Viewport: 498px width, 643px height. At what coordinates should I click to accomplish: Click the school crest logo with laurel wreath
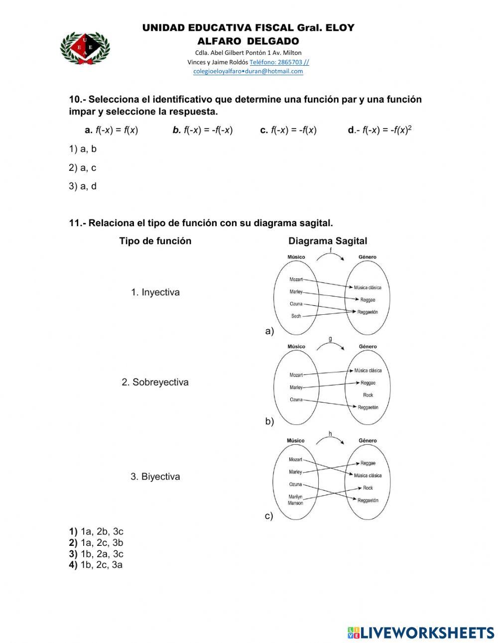[x=85, y=48]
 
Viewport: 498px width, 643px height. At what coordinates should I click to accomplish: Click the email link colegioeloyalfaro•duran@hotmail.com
[x=248, y=71]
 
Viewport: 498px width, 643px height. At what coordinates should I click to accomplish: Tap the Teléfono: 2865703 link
[x=279, y=62]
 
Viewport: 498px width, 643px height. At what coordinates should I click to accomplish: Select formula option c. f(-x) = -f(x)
[x=288, y=130]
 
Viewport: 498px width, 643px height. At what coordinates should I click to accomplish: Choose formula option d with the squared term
[x=379, y=130]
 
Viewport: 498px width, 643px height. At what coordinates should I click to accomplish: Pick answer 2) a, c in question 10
[x=83, y=168]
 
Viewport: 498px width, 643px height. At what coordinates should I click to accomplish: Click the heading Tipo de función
[x=155, y=241]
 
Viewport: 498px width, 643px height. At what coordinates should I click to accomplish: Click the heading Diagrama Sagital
[x=328, y=241]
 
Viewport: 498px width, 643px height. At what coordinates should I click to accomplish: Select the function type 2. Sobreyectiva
[x=155, y=383]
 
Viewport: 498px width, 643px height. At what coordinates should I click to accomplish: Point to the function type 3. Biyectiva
[x=155, y=477]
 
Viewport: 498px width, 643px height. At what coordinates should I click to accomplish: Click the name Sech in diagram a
[x=296, y=316]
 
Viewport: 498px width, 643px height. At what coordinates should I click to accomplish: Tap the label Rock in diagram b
[x=368, y=395]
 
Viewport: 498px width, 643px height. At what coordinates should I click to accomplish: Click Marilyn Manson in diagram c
[x=295, y=500]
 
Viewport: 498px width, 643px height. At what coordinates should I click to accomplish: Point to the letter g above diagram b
[x=330, y=339]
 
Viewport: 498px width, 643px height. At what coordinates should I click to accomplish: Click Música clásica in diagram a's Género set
[x=368, y=287]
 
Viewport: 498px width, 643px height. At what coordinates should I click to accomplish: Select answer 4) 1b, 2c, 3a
[x=96, y=565]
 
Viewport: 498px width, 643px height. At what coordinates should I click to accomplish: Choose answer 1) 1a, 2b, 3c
[x=96, y=531]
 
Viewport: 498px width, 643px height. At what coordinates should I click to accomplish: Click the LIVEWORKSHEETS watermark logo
[x=421, y=633]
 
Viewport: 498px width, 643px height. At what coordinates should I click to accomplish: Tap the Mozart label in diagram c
[x=295, y=459]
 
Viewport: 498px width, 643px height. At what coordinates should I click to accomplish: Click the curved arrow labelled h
[x=330, y=439]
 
